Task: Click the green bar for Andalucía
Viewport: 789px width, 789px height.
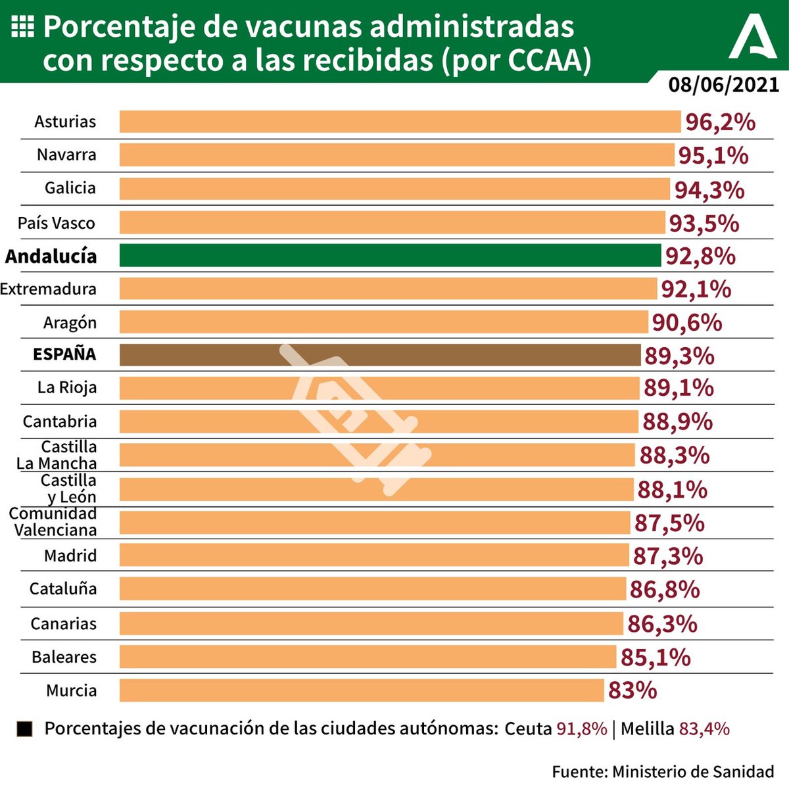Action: pos(390,255)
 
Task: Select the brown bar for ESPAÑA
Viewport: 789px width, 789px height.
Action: pos(380,355)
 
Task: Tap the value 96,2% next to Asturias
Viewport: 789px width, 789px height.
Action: pos(720,122)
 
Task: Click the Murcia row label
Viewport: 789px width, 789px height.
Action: pos(71,690)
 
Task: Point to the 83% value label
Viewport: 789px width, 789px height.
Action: pos(632,690)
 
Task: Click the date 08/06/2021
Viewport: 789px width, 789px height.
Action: pos(723,85)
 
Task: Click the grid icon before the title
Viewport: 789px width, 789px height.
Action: pos(23,26)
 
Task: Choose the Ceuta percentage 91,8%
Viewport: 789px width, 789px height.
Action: pos(581,729)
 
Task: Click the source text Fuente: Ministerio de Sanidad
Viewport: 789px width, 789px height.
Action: pos(663,771)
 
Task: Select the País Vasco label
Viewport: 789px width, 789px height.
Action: pos(57,223)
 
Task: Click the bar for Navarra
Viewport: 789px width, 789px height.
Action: pos(396,155)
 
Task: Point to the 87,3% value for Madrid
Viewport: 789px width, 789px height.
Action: pos(667,556)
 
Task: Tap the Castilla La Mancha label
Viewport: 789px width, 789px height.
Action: pos(58,455)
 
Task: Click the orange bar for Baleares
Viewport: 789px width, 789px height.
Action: pos(368,657)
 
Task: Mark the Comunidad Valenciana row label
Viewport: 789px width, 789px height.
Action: pos(53,522)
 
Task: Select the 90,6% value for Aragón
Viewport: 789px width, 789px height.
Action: pos(686,323)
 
